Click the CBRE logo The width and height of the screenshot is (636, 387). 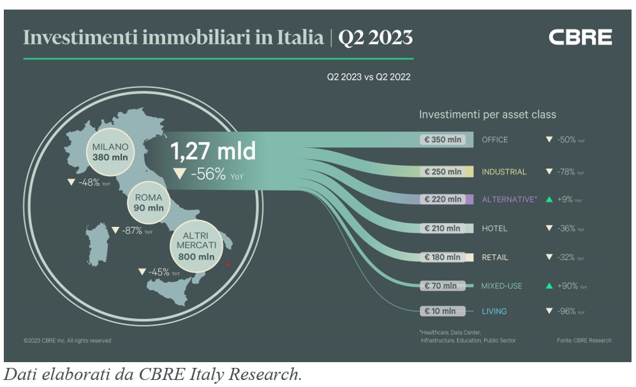tap(580, 38)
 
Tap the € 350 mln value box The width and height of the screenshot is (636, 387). tap(443, 140)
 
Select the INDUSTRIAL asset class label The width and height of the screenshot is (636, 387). tap(504, 172)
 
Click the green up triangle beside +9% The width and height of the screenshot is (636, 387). tap(549, 200)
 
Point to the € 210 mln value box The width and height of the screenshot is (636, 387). tap(443, 228)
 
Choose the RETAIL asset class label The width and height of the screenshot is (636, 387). tap(495, 258)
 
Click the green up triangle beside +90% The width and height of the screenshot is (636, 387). tap(549, 286)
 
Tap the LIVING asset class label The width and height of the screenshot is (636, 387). tap(494, 311)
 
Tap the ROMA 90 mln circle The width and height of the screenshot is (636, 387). tap(149, 203)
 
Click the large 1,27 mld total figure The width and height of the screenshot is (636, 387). tap(212, 152)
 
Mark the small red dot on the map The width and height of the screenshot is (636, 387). tap(228, 263)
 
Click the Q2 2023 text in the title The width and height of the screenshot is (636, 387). tap(375, 38)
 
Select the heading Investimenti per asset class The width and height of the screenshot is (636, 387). tap(487, 115)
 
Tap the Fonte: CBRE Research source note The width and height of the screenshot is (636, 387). tap(584, 340)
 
